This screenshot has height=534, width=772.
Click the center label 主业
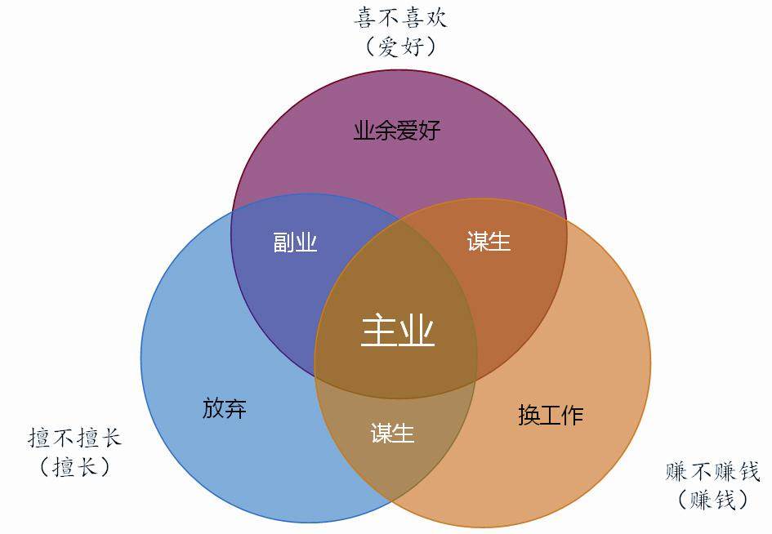(x=397, y=332)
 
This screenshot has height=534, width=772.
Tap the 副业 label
(x=294, y=243)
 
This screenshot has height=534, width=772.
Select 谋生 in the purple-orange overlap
(x=489, y=242)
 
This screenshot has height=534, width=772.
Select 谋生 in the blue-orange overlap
(x=393, y=433)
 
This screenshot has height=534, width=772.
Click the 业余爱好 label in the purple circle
(x=396, y=131)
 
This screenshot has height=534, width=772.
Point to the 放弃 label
(x=224, y=408)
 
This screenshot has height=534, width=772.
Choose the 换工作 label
(x=551, y=415)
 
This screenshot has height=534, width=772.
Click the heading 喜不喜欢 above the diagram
(x=401, y=18)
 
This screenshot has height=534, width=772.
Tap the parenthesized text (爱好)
(x=401, y=46)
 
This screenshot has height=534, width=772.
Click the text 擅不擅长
(x=74, y=438)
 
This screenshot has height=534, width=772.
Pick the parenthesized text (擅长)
(x=74, y=466)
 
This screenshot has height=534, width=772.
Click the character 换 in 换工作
(x=529, y=415)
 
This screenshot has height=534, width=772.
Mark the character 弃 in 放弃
(x=235, y=408)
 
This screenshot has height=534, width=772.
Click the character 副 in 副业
(x=283, y=243)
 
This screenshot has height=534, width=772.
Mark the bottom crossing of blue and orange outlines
(x=392, y=500)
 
